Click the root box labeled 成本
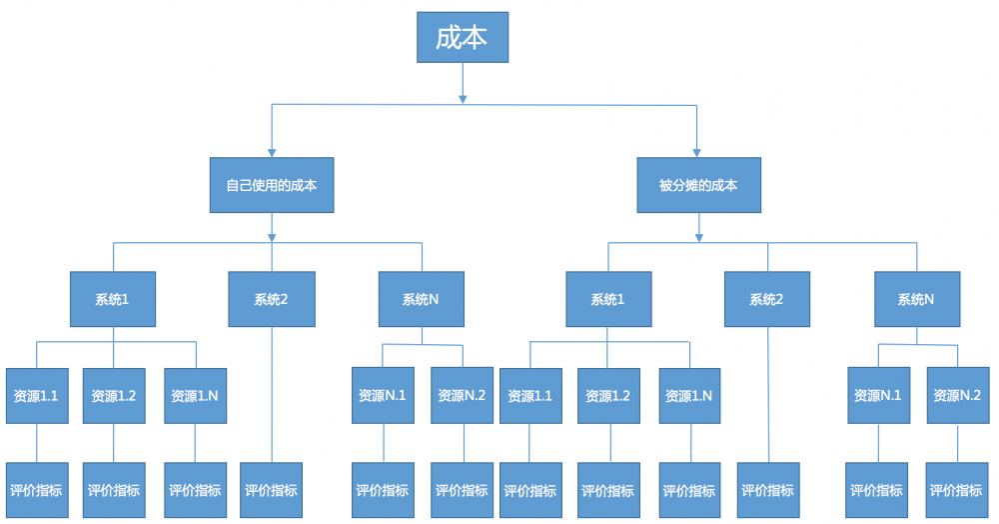pos(462,38)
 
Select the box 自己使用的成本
pos(271,185)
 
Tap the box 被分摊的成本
pos(698,185)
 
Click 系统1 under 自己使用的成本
pos(112,299)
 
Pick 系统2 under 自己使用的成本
pos(271,299)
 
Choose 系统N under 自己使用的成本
pos(421,299)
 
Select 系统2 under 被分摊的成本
pos(766,299)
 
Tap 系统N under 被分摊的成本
pos(916,299)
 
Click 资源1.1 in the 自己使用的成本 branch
pos(36,396)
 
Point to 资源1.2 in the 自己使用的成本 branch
pos(113,396)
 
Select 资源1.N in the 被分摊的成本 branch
pos(688,396)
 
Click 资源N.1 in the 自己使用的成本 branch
pos(382,395)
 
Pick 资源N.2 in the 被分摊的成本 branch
pos(957,395)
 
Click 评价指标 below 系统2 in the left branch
pos(271,490)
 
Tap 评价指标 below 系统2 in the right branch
pos(767,490)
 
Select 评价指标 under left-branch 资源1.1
pos(36,490)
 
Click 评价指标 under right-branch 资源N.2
pos(956,490)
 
